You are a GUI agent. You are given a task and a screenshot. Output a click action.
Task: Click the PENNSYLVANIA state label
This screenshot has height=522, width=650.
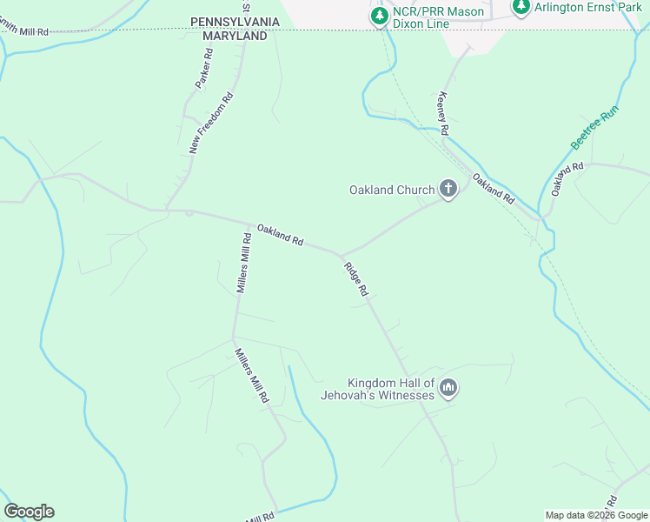[235, 20]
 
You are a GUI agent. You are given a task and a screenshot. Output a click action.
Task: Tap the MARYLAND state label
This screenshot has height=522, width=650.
[235, 37]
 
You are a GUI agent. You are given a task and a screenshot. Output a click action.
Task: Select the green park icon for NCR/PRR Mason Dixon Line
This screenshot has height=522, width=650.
[379, 16]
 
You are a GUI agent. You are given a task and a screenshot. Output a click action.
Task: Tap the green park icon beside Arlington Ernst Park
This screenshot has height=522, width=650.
[521, 8]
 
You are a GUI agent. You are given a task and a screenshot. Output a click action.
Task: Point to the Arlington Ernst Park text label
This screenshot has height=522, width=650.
[587, 8]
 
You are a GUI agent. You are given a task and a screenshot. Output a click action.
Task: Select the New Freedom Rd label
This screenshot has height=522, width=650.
[212, 123]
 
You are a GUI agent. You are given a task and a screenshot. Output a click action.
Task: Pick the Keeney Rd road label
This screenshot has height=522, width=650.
[443, 112]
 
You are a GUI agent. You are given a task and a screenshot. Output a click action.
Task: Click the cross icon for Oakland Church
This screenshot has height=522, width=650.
[448, 189]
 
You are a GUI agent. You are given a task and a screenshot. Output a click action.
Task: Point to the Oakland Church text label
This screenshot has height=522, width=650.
[391, 190]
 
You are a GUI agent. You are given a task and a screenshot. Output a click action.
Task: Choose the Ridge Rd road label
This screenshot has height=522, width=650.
[356, 280]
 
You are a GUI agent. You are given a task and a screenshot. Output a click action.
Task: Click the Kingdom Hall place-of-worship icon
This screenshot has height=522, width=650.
[448, 388]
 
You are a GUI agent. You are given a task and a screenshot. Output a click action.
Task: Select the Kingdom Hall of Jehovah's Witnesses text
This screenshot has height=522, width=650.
[390, 389]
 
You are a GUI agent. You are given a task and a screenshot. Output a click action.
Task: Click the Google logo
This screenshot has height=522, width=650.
[29, 512]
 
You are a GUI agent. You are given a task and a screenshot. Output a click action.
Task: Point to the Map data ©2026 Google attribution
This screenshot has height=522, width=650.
[596, 515]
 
